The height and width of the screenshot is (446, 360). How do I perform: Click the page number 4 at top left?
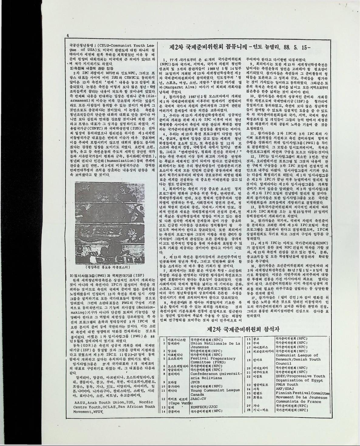click(68, 35)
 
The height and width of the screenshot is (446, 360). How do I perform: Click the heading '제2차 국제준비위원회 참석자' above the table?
click(243, 329)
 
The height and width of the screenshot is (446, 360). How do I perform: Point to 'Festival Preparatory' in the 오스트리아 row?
click(211, 358)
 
